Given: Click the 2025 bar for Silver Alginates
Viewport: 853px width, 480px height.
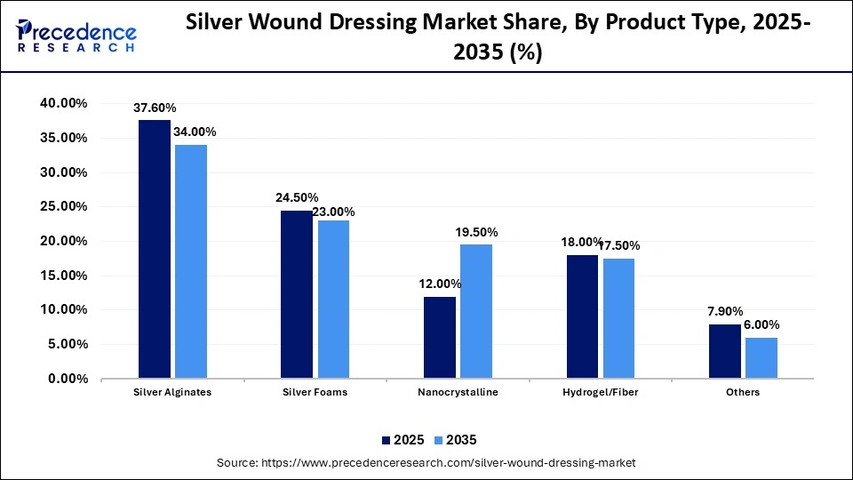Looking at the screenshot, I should (x=155, y=249).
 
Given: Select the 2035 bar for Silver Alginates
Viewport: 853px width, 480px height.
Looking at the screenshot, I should (x=191, y=261).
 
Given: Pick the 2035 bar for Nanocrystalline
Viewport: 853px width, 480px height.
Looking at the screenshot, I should (x=476, y=311).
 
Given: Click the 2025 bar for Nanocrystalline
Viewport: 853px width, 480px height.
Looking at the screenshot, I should (x=440, y=337).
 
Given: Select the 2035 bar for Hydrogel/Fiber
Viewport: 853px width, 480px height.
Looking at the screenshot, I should (x=618, y=318).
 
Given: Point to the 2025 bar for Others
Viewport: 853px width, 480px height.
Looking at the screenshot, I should (x=725, y=351).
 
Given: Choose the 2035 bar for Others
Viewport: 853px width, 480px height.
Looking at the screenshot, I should (x=761, y=357).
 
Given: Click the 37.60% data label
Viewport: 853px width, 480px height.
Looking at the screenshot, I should (x=155, y=108).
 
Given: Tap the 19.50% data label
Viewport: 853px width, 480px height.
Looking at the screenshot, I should (x=476, y=233).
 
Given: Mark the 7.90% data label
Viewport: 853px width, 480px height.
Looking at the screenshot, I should (x=725, y=312).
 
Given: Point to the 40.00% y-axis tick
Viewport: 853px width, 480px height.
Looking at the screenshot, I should (x=64, y=104).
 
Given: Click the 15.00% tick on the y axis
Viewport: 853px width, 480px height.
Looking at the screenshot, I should (x=64, y=276).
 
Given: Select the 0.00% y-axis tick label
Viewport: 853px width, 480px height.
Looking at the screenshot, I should (x=68, y=379).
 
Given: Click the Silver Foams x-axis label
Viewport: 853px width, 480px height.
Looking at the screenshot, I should (x=315, y=392).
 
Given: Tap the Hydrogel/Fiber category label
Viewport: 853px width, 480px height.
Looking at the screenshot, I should (x=601, y=392).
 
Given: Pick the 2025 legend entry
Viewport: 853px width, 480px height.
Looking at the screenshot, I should (x=402, y=440).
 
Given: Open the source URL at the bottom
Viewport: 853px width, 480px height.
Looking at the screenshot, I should (x=426, y=463).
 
